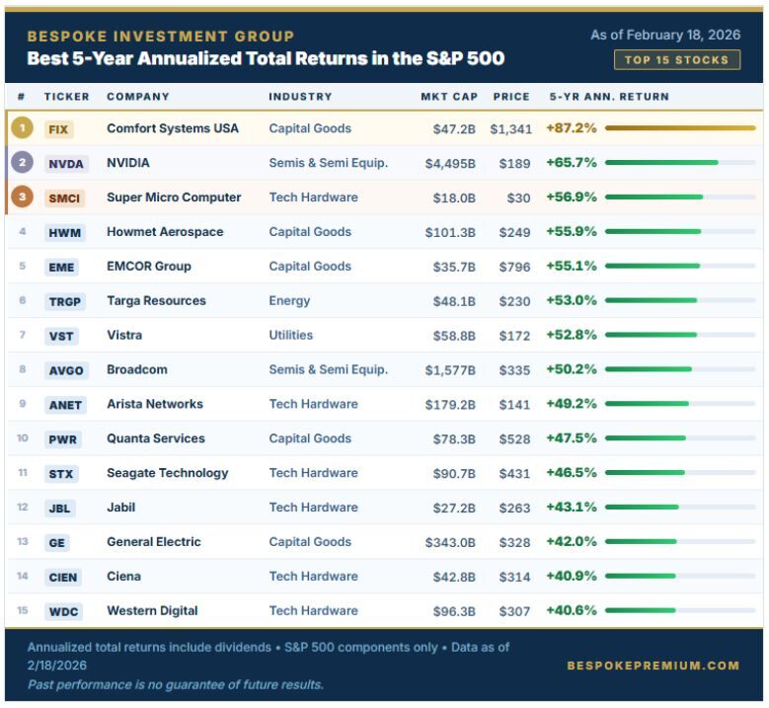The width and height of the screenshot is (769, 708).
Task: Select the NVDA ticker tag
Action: [x=65, y=164]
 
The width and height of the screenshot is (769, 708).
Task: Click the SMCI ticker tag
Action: [x=65, y=198]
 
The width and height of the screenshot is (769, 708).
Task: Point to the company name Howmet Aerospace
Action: [x=165, y=232]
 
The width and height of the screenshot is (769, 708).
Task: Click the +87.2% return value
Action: [x=572, y=128]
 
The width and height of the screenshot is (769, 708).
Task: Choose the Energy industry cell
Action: [x=289, y=301]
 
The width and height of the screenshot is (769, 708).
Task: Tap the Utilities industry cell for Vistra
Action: [x=291, y=336]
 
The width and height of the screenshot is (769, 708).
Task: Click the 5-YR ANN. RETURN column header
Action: [x=609, y=97]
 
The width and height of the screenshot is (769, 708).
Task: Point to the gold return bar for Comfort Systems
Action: [x=680, y=128]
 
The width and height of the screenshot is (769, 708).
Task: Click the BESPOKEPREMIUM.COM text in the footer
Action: [x=653, y=666]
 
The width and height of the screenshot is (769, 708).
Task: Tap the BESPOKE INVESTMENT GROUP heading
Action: [x=160, y=37]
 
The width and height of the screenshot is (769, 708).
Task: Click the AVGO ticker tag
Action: [x=66, y=371]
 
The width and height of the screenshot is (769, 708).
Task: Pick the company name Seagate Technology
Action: [x=168, y=473]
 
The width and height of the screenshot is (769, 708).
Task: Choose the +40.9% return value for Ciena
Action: [x=572, y=576]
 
